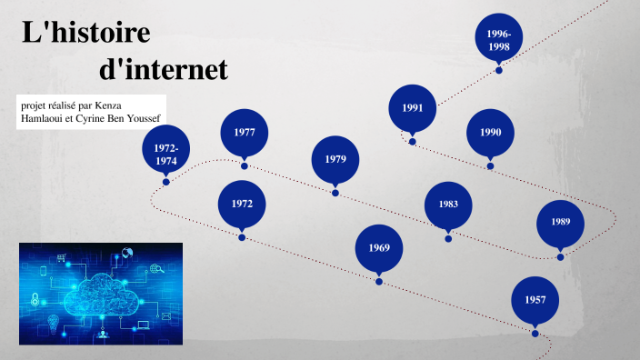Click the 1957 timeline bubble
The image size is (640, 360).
(535, 299)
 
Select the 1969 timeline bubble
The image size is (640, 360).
(379, 248)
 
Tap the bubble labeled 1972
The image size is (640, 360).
(242, 204)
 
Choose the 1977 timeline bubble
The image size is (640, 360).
(244, 133)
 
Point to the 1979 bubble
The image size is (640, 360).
(335, 160)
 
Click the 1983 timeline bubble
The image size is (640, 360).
(448, 205)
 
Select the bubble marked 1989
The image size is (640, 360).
(560, 223)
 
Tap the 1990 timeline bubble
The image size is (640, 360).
(491, 133)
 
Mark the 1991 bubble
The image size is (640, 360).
(413, 108)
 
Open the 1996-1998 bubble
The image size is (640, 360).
(498, 37)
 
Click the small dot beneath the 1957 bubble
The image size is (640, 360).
(535, 332)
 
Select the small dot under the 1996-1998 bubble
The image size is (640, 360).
(498, 70)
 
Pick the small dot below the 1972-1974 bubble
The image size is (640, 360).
(166, 182)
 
